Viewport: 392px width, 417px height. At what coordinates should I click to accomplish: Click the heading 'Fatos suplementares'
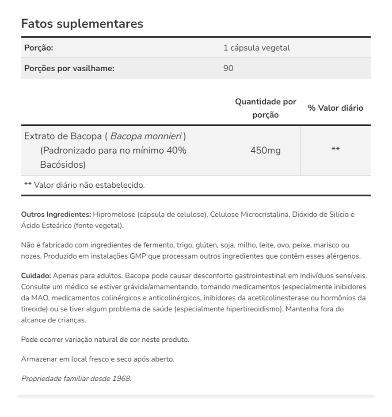point(82,23)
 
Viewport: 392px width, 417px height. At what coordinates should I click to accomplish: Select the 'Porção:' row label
point(38,48)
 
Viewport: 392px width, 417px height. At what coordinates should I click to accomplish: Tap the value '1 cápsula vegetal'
point(257,48)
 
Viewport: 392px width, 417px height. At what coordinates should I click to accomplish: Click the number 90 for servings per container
point(228,69)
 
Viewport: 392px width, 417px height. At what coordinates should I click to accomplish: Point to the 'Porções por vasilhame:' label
point(69,69)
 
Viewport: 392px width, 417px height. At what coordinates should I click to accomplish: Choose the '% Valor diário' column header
point(335,108)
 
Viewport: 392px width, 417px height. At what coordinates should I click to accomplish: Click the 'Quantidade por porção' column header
point(266,108)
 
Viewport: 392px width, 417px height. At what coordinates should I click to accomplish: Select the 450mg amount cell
point(265,151)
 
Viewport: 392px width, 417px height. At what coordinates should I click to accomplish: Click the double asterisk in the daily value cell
point(335,150)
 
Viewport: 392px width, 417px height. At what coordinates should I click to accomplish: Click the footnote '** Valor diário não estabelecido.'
point(84,185)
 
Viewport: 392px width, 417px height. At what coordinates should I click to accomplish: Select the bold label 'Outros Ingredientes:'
point(56,215)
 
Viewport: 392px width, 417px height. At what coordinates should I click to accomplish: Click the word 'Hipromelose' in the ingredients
point(114,215)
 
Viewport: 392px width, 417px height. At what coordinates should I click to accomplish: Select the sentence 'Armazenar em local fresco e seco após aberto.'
point(98,359)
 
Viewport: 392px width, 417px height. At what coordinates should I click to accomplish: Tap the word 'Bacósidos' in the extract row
point(63,165)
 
